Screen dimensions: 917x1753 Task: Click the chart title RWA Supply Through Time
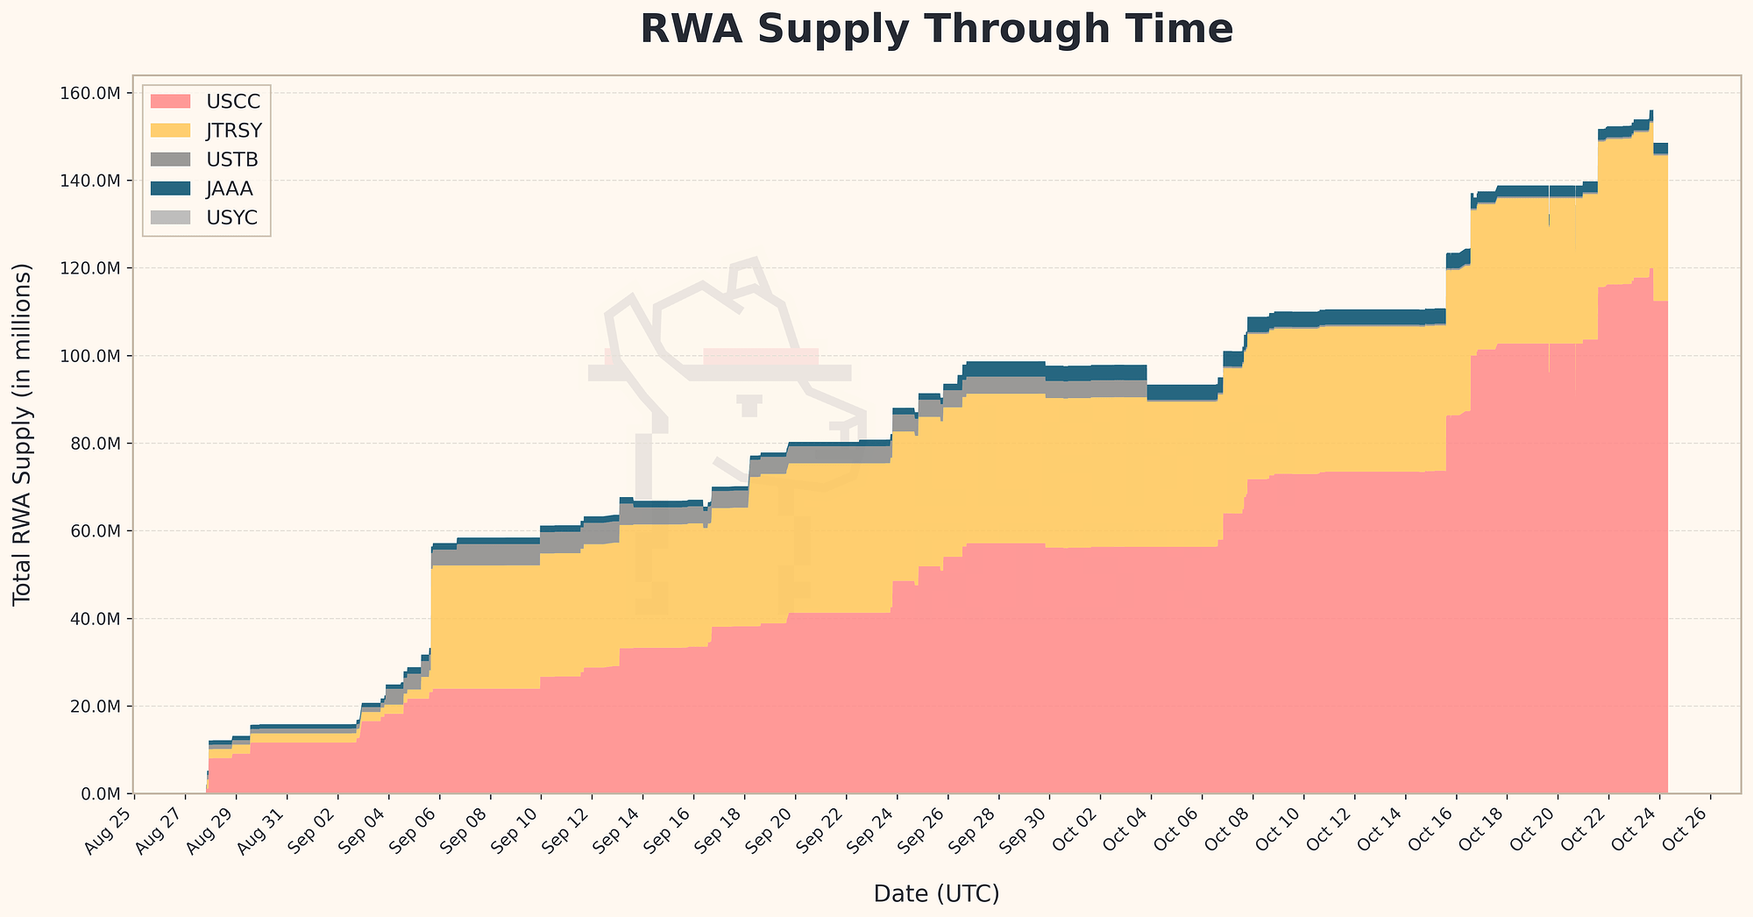point(936,30)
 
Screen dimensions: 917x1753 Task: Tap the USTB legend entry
point(206,160)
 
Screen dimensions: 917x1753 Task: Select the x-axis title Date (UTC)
point(936,893)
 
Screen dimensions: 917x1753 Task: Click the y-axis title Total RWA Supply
point(23,434)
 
